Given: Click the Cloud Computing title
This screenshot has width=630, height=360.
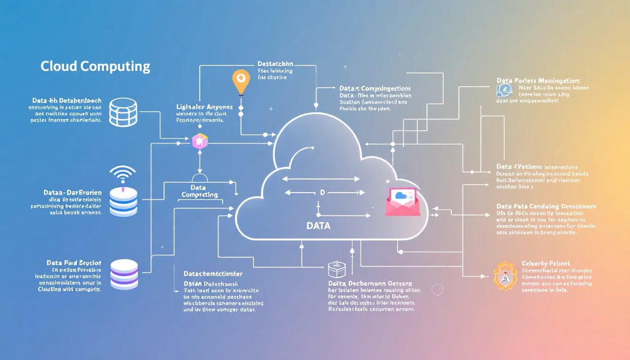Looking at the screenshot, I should coord(95,66).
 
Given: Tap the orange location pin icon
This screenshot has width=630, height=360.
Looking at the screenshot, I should coord(241,81).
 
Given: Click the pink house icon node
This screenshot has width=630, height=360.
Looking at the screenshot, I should coord(199,141).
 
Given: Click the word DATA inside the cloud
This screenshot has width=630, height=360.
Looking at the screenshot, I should coord(318,226).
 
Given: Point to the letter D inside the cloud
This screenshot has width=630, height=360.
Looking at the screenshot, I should coord(322,193).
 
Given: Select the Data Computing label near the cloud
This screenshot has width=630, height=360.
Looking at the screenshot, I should coord(200,191).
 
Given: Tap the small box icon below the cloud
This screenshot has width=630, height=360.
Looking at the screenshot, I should coord(337,269).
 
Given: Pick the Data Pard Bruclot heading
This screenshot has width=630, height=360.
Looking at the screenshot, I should coord(74,263).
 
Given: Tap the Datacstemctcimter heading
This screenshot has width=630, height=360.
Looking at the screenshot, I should coord(213,273).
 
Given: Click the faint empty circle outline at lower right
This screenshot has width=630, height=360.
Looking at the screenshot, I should coord(437,289).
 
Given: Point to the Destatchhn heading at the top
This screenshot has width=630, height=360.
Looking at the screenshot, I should coord(275,63).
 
